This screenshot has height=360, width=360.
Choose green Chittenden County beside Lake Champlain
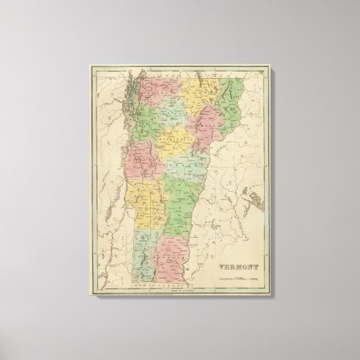point(154,127)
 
